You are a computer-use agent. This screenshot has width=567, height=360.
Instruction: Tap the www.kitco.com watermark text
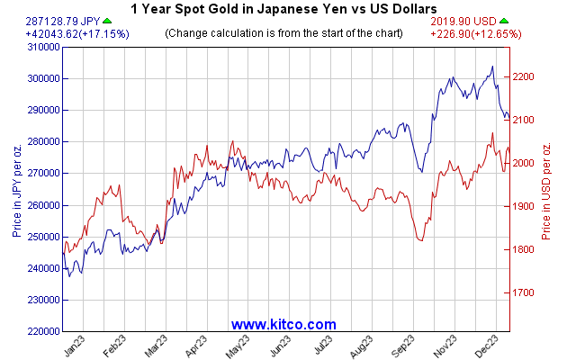point(283,324)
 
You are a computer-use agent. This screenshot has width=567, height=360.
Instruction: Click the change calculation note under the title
point(283,33)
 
